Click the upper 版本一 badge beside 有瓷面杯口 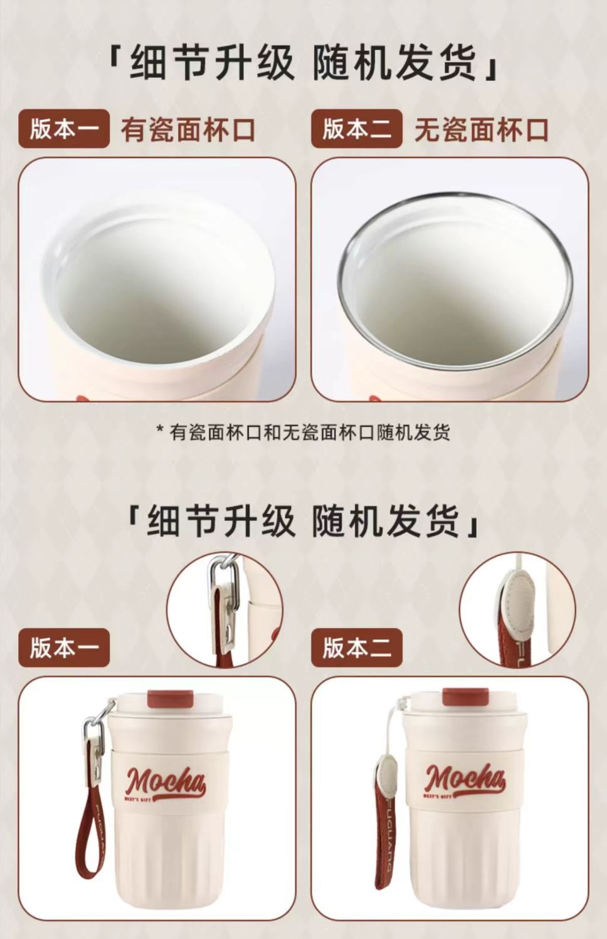pyautogui.click(x=64, y=130)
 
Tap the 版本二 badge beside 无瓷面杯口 pyautogui.click(x=357, y=130)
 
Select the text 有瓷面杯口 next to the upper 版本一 pyautogui.click(x=188, y=130)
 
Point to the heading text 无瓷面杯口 pyautogui.click(x=482, y=130)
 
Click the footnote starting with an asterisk pyautogui.click(x=303, y=432)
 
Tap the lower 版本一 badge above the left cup pyautogui.click(x=64, y=648)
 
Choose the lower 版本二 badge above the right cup pyautogui.click(x=357, y=648)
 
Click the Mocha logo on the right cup pyautogui.click(x=464, y=779)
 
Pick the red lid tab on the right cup pyautogui.click(x=466, y=698)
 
